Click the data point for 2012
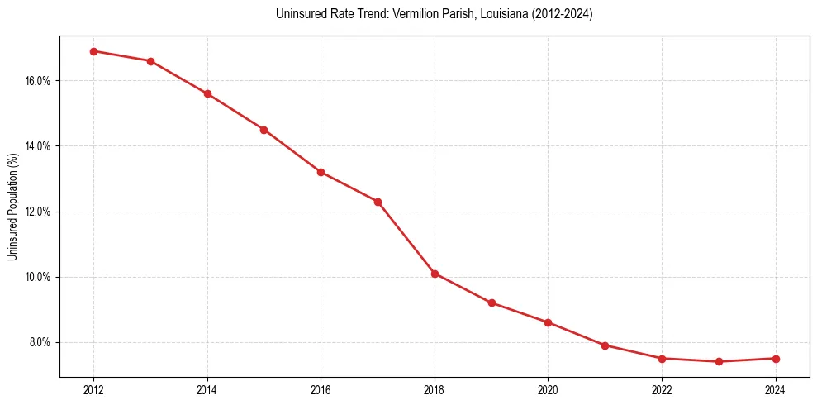pyautogui.click(x=93, y=51)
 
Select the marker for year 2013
pyautogui.click(x=150, y=61)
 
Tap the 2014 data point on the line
pyautogui.click(x=207, y=93)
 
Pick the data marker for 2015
pyautogui.click(x=264, y=130)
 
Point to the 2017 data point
pyautogui.click(x=378, y=202)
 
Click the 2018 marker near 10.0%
pyautogui.click(x=435, y=274)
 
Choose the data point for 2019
pyautogui.click(x=492, y=303)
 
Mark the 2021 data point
pyautogui.click(x=605, y=345)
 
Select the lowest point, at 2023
pyautogui.click(x=719, y=361)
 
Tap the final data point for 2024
pyautogui.click(x=776, y=359)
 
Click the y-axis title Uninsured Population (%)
pyautogui.click(x=12, y=207)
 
